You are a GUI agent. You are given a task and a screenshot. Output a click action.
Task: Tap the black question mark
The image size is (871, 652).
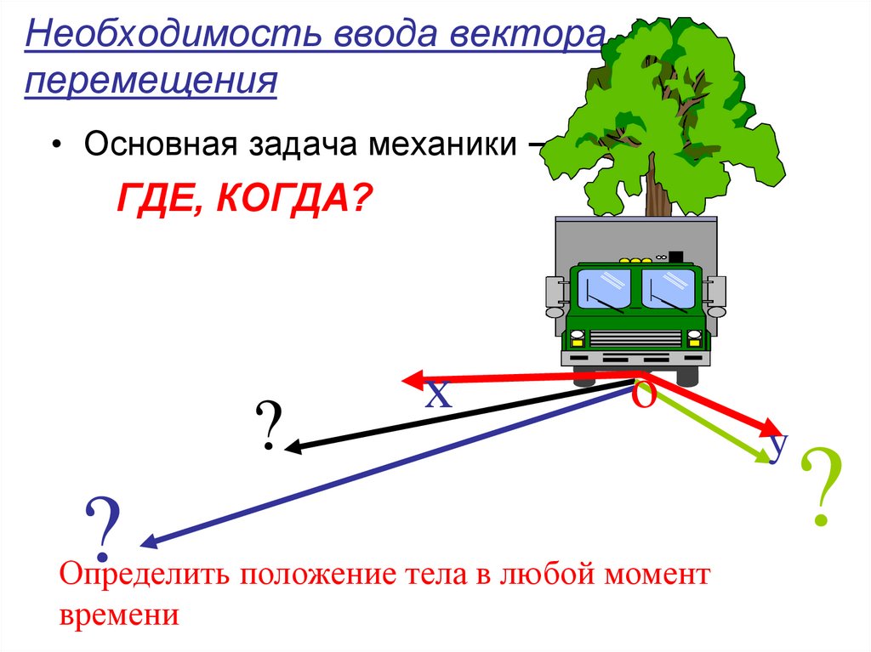click(268, 427)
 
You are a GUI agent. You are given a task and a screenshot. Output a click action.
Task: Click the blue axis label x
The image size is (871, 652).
click(438, 394)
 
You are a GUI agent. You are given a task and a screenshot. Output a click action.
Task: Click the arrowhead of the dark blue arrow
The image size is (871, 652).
click(144, 542)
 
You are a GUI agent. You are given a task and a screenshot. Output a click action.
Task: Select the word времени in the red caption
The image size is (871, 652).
click(119, 614)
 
